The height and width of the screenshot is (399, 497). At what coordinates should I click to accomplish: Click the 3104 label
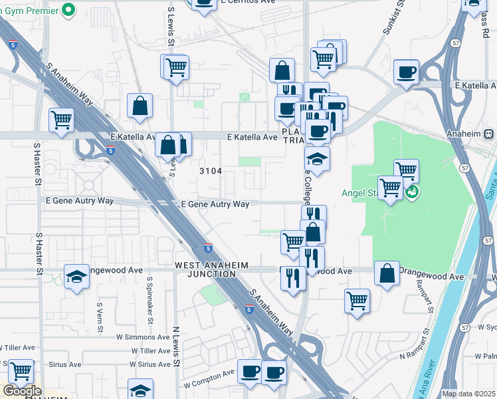211,171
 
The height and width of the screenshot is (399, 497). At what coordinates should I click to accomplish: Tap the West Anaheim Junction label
211,270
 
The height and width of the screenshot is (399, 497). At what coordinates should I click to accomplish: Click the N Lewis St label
176,346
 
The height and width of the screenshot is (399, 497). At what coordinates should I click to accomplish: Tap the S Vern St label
100,315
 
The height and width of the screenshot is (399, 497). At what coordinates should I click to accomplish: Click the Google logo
22,392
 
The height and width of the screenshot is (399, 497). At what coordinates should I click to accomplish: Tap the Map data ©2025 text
468,394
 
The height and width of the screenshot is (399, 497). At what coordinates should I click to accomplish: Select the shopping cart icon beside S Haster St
61,121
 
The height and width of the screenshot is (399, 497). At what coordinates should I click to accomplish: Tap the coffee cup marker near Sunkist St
405,72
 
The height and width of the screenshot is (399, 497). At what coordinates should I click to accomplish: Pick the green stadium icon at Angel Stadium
412,193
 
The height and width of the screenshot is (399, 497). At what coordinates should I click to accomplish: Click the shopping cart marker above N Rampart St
357,301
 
